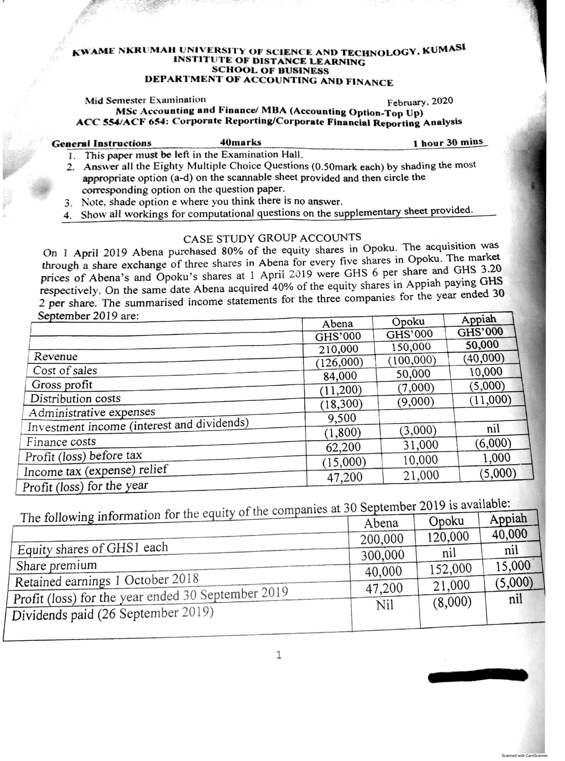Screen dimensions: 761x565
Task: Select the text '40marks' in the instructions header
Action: pyautogui.click(x=241, y=143)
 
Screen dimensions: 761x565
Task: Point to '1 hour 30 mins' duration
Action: pyautogui.click(x=448, y=142)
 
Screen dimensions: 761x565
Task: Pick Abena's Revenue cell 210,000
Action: pyautogui.click(x=339, y=349)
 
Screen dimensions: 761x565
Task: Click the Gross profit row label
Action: pyautogui.click(x=62, y=384)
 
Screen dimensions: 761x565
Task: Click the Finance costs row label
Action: pyautogui.click(x=61, y=442)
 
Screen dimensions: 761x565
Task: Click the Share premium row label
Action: pyautogui.click(x=56, y=565)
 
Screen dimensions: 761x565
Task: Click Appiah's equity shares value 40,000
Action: pyautogui.click(x=509, y=534)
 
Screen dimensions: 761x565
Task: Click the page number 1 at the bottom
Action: pyautogui.click(x=279, y=655)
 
